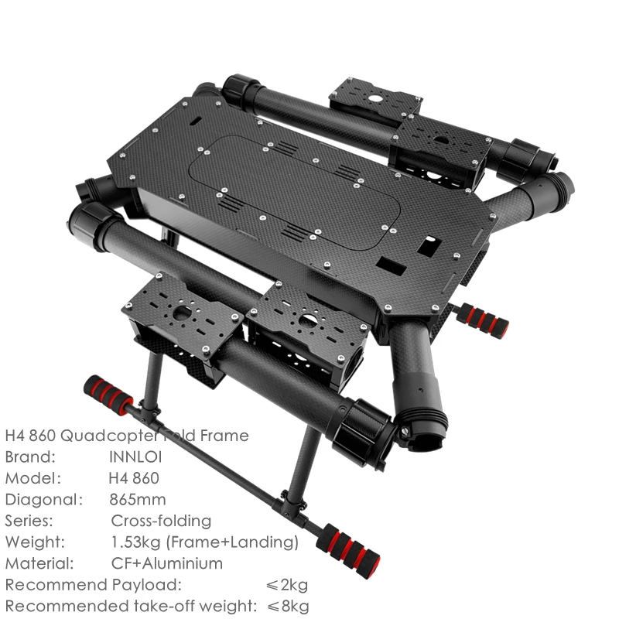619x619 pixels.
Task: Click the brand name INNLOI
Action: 135,457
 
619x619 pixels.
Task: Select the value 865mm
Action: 138,499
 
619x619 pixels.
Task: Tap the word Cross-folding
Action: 161,520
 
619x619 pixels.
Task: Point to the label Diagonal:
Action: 43,499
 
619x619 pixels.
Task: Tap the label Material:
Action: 39,563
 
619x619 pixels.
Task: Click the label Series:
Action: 29,520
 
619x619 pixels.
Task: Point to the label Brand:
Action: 30,457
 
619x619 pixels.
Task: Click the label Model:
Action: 32,477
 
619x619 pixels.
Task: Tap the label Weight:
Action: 35,542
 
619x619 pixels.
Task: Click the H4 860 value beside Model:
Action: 136,477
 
